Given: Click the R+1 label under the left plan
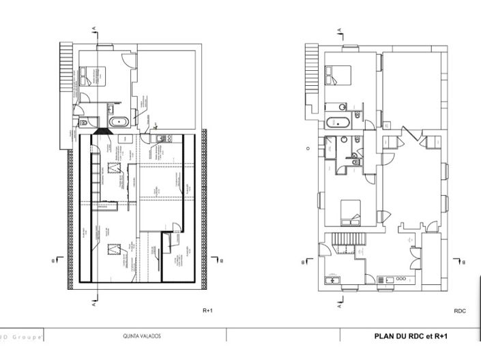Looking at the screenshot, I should coord(208,310).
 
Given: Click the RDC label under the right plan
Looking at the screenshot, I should coord(459,310).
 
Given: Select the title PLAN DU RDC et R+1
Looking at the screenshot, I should coord(411,335).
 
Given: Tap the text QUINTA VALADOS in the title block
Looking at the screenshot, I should coord(142,336).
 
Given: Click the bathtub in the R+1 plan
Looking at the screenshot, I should coord(120,123).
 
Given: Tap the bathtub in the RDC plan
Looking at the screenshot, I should coord(338,123).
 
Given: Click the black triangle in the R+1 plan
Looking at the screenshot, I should coord(101,130).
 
